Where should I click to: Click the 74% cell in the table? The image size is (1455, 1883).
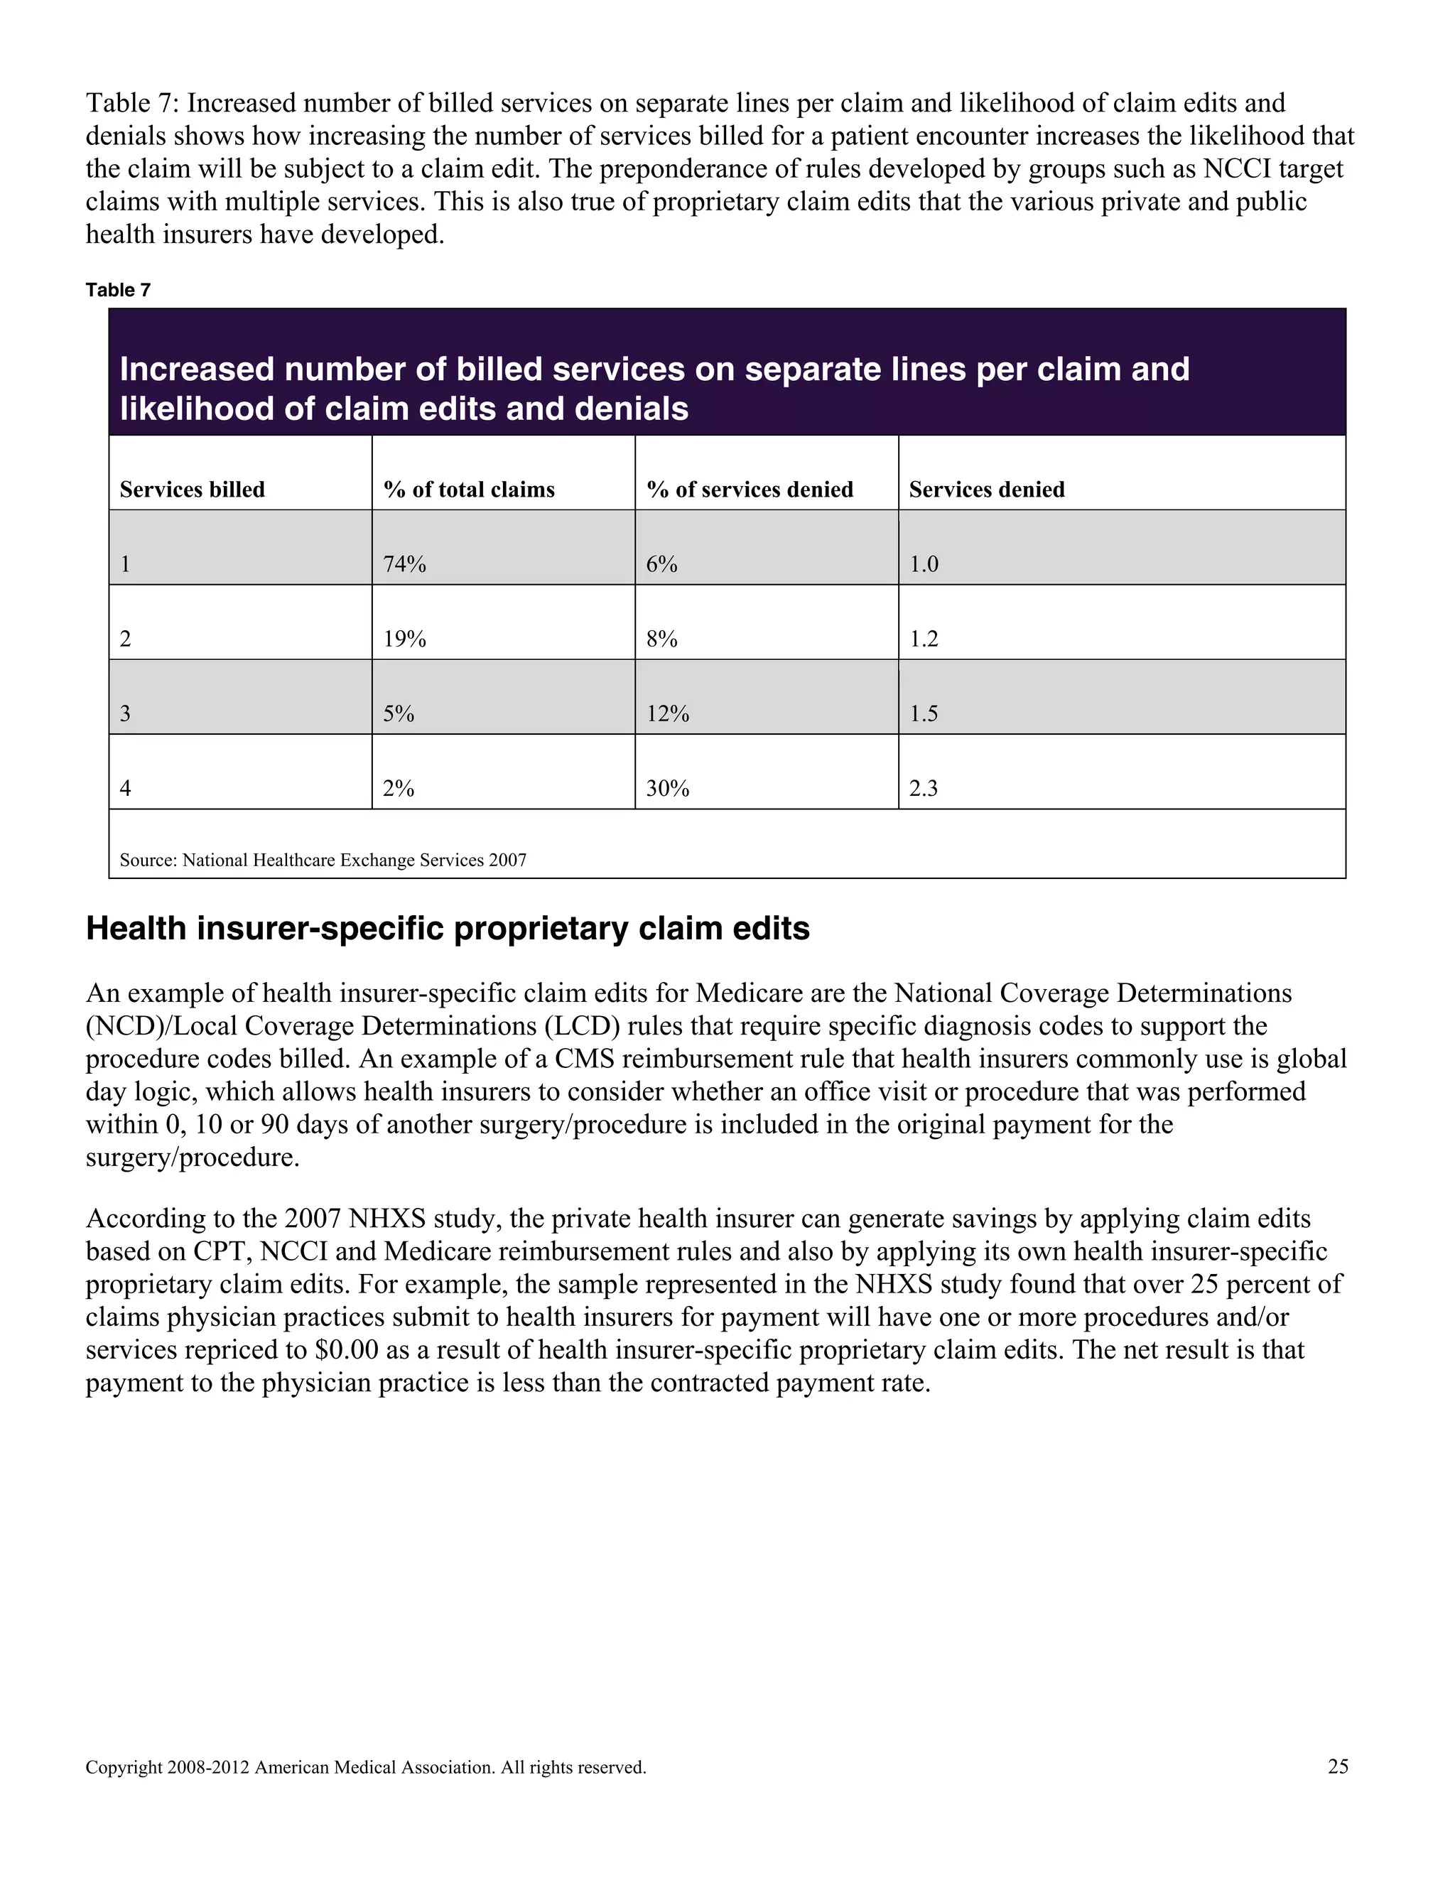coord(404,564)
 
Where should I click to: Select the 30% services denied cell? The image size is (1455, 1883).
coord(667,788)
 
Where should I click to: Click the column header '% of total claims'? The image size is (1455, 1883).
coord(469,490)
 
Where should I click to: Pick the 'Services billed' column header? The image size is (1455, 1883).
coord(193,490)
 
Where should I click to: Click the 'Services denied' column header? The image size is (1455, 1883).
coord(987,490)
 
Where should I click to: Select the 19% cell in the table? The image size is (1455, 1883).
coord(404,639)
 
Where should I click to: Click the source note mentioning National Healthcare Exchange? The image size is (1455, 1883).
coord(323,860)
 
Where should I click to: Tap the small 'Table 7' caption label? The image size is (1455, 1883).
coord(118,290)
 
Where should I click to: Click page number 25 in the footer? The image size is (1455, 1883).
coord(1338,1766)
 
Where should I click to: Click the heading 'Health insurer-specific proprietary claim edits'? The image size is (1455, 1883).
coord(448,929)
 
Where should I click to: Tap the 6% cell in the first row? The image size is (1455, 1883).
coord(661,564)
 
